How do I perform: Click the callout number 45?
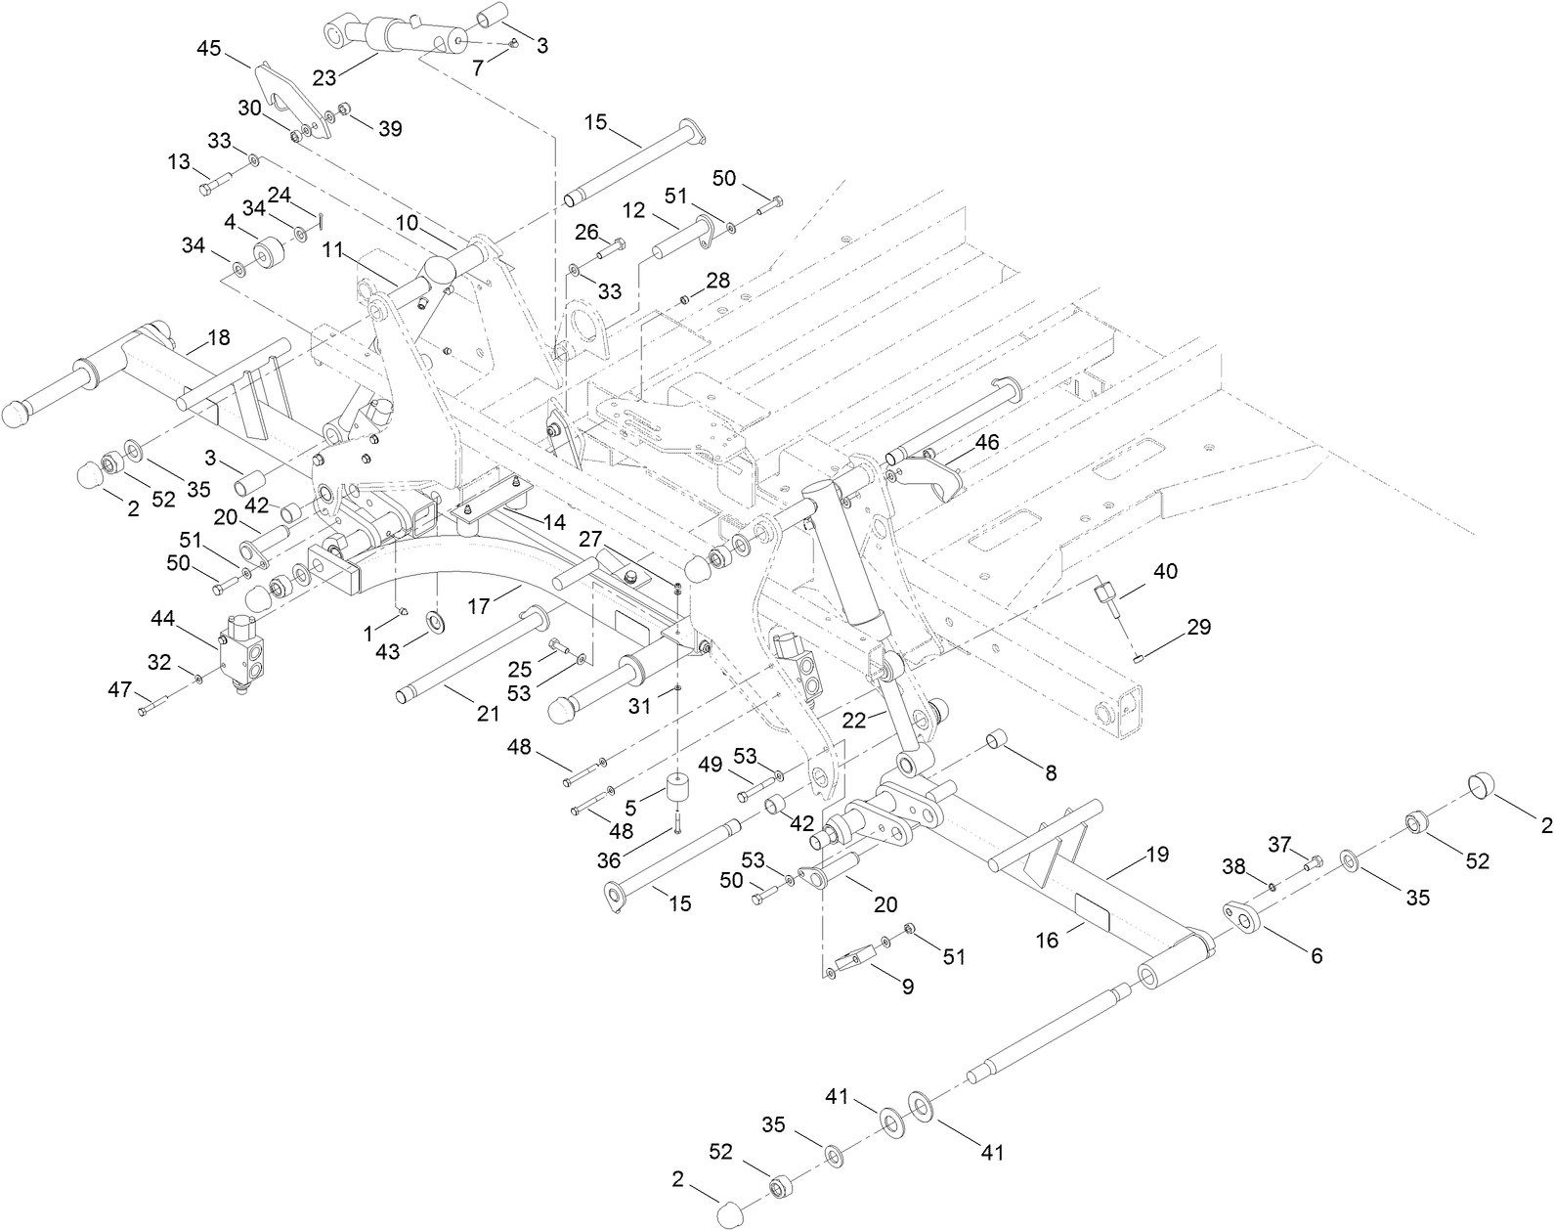209,48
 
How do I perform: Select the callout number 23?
325,78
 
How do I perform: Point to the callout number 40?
1166,570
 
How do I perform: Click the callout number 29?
1198,627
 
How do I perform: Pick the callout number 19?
1157,855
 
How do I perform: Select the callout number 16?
1047,940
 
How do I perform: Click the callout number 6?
1317,955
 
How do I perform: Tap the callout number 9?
907,987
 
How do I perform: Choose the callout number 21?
488,714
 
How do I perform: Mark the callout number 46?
986,442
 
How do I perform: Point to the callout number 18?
219,337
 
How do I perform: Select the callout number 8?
1051,772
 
